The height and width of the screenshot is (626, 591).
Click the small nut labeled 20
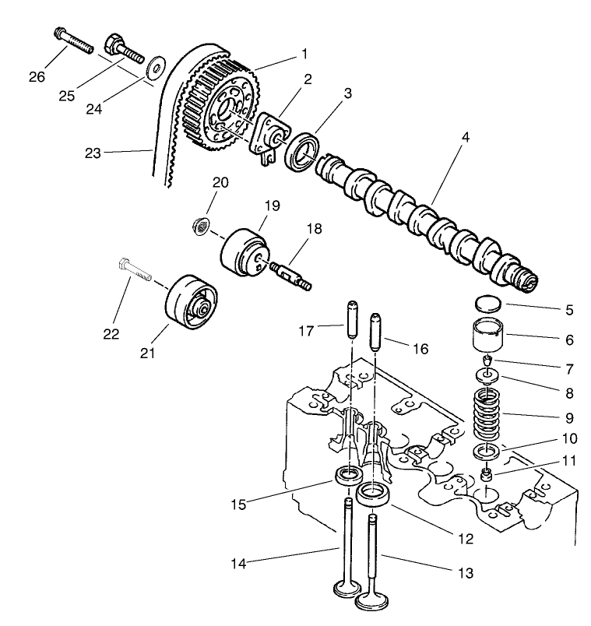coord(200,227)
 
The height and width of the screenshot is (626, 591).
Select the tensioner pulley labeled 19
coord(243,252)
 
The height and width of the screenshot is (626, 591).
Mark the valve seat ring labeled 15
coord(348,474)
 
